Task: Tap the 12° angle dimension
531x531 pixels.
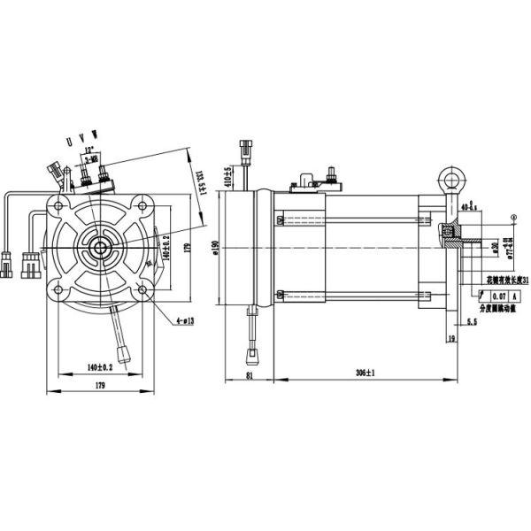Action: [85, 150]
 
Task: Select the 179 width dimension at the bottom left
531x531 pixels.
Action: [99, 386]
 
